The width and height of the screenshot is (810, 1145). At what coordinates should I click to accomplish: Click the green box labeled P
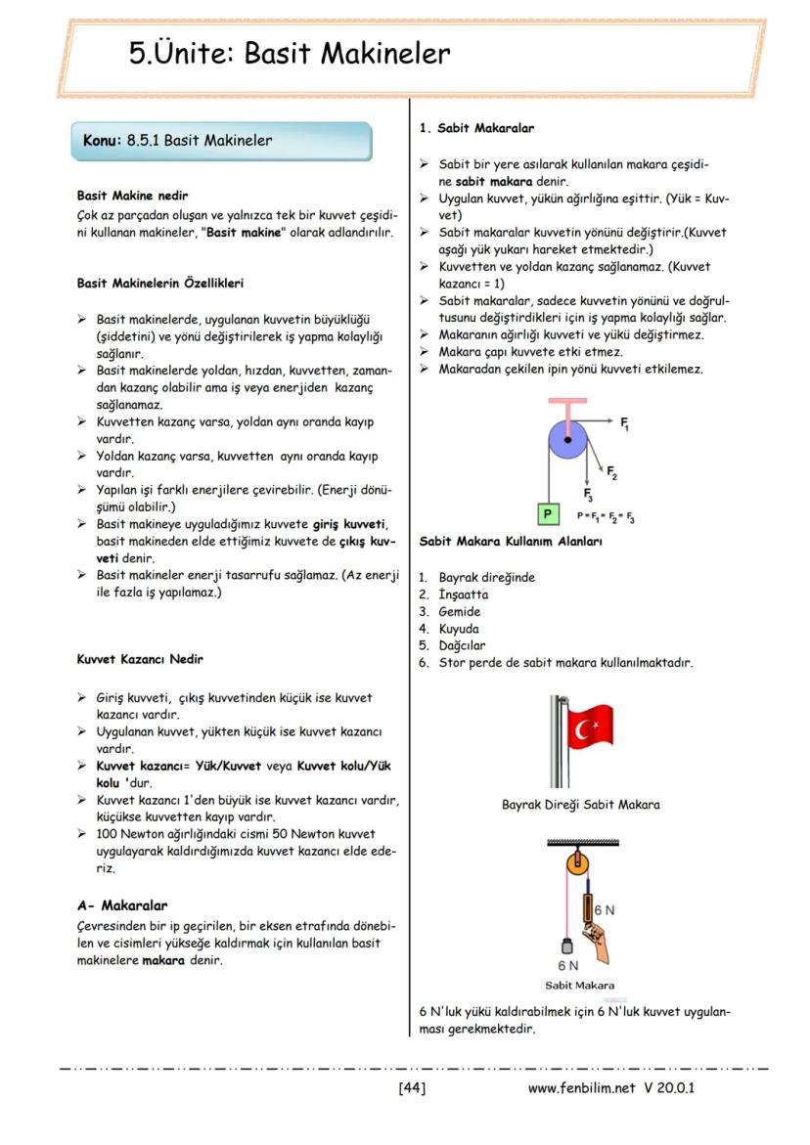tap(549, 513)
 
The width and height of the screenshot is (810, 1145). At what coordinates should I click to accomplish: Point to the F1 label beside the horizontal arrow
tap(625, 424)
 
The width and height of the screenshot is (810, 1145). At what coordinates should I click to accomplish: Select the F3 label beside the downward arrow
tap(589, 497)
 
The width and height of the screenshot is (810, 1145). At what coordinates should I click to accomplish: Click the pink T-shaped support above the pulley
tap(566, 403)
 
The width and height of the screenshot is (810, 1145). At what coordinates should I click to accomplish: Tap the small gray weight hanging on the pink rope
tap(564, 947)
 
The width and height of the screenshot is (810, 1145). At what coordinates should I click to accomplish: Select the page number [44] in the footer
tap(412, 1086)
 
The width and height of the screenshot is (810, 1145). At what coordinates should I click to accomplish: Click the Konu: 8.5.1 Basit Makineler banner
tap(222, 141)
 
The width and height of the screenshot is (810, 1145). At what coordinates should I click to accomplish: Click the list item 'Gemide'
tap(459, 611)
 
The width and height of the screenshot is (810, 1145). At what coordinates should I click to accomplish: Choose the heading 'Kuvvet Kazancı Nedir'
tap(140, 659)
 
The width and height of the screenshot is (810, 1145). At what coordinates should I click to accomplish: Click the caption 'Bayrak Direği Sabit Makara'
tap(580, 805)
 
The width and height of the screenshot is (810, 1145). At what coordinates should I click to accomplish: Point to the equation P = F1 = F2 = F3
tap(606, 515)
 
